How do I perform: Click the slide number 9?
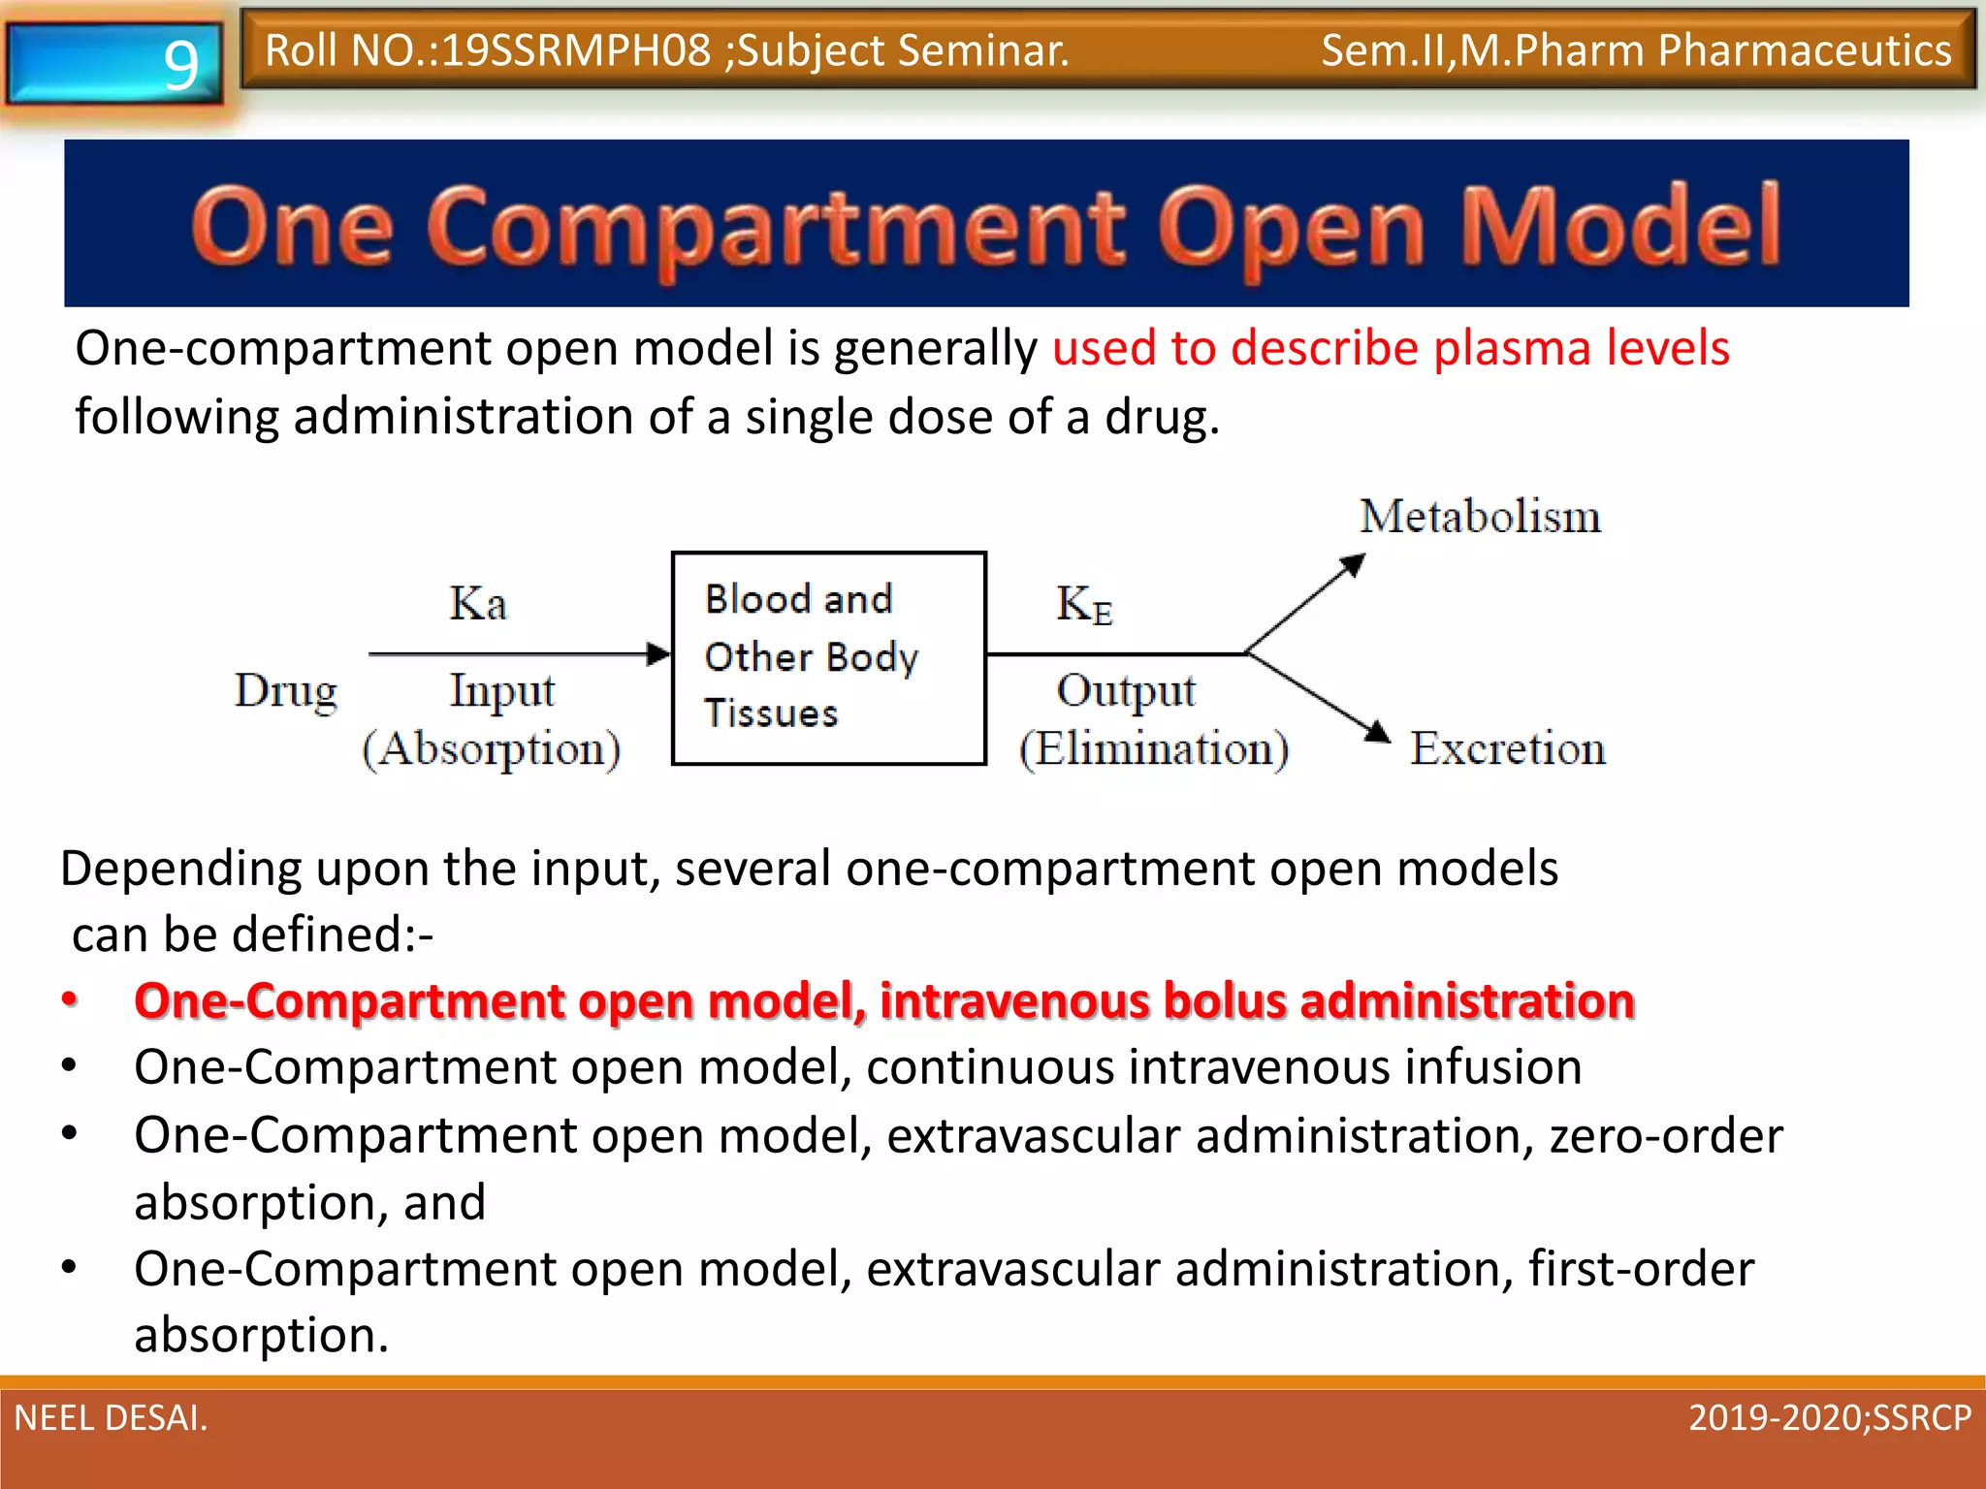pos(180,65)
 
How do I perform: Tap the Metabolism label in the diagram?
pos(1480,516)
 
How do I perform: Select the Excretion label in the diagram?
pos(1507,748)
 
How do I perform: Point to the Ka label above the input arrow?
pos(477,603)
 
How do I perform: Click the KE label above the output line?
pos(1083,605)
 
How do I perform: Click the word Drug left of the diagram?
pos(286,691)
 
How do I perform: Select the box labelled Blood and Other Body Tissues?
pos(828,658)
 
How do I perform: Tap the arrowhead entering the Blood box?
pos(659,654)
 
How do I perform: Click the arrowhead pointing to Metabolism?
pos(1353,564)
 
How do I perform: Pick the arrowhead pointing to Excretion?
pos(1376,733)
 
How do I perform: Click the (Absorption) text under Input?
pos(491,749)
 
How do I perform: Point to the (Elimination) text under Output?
pos(1153,749)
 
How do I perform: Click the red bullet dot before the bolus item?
pos(70,998)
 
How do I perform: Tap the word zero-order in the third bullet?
pos(1665,1135)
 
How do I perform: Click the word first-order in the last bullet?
pos(1640,1269)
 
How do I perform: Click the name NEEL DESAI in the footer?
pos(110,1417)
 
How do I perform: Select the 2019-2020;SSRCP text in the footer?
pos(1829,1417)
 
